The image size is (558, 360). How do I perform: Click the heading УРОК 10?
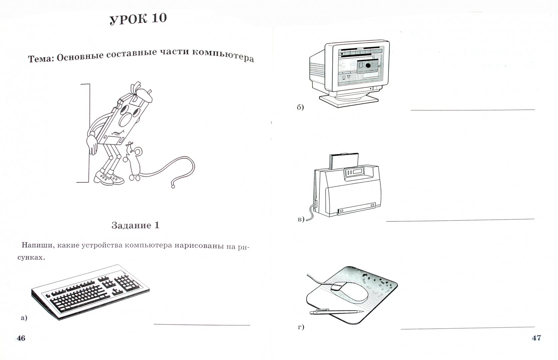pos(139,19)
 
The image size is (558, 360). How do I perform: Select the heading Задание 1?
pos(135,225)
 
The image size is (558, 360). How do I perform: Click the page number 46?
pos(21,338)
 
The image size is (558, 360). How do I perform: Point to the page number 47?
pos(536,338)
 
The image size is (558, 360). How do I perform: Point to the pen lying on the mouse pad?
pos(336,312)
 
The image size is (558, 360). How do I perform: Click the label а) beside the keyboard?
pos(24,318)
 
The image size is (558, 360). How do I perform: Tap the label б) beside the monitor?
pos(300,107)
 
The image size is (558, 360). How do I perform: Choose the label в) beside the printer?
pos(301,219)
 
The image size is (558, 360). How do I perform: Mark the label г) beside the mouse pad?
pos(301,327)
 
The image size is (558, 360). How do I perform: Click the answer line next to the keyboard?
pos(202,325)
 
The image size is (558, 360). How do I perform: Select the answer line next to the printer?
pos(460,220)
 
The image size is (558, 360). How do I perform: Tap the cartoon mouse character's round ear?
pos(138,151)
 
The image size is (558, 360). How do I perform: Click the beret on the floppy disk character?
pos(144,94)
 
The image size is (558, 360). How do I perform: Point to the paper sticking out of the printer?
pos(344,161)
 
